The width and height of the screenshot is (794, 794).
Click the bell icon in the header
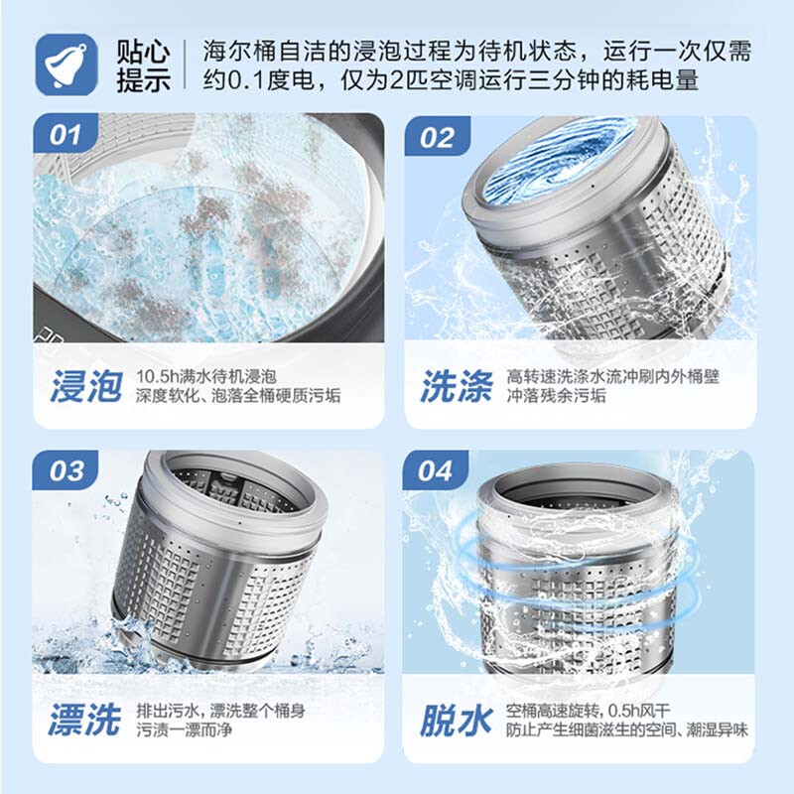(66, 64)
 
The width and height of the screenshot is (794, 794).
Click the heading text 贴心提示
(143, 65)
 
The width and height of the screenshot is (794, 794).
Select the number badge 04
(435, 470)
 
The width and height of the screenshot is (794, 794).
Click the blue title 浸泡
(86, 387)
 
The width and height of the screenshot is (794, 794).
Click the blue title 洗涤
(456, 387)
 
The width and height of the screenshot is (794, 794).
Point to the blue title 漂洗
(86, 721)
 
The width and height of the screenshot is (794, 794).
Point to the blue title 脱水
(456, 721)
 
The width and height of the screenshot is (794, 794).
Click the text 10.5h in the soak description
(157, 377)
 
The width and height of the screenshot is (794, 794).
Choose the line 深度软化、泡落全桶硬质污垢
(237, 397)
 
